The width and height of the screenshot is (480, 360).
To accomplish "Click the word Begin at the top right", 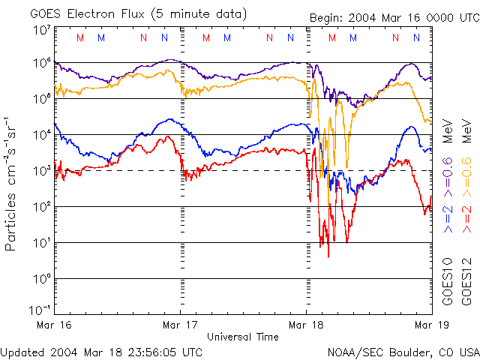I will point(328,18).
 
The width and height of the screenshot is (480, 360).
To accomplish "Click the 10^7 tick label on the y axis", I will point(41,31).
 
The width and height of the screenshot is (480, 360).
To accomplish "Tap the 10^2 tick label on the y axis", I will point(41,205).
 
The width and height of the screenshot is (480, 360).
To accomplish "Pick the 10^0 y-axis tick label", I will point(41,277).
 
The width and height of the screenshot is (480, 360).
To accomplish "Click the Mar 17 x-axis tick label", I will point(180,325).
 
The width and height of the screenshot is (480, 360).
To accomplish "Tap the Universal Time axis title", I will point(242,337).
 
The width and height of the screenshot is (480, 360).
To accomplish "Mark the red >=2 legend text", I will point(466,217).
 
